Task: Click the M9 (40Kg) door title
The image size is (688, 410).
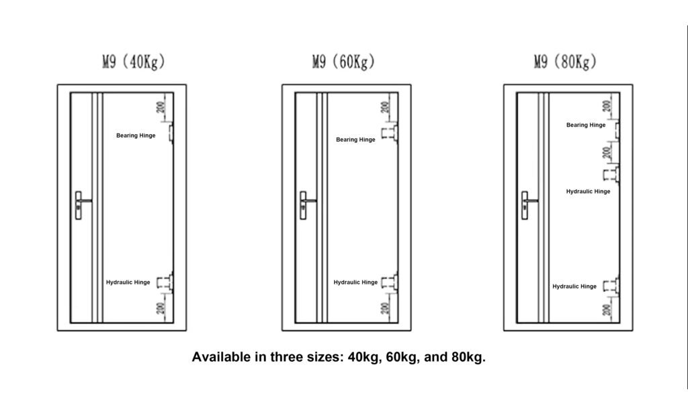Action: [x=134, y=61]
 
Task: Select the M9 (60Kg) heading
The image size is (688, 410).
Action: [x=343, y=61]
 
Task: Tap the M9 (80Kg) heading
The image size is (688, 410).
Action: [x=565, y=61]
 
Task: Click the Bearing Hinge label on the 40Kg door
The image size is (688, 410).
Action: [x=136, y=136]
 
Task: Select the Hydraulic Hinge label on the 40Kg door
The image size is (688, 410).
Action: [x=128, y=282]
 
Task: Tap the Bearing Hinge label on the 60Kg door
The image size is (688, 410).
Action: [x=355, y=140]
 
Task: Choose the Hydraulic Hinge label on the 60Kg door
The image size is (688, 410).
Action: [x=355, y=282]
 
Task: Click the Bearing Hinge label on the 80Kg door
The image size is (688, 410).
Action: [x=586, y=125]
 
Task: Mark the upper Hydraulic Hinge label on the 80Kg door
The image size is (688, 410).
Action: [x=588, y=191]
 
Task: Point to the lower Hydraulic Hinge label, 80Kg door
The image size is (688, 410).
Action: [x=574, y=287]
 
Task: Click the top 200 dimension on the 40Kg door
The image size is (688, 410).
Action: [x=161, y=107]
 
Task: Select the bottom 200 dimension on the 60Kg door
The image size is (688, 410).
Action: [x=385, y=309]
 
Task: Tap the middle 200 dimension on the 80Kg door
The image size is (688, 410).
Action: [x=607, y=152]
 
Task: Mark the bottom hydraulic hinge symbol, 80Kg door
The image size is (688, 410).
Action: [x=611, y=287]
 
